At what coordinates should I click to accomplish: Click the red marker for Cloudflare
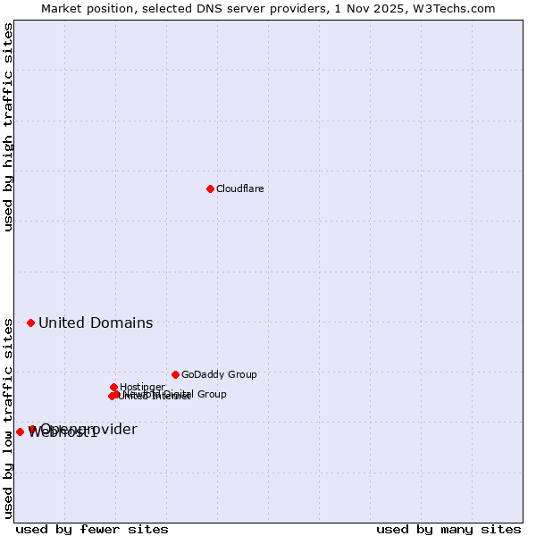point(210,188)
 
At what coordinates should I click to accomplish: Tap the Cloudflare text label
point(239,188)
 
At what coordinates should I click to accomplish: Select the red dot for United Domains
point(30,322)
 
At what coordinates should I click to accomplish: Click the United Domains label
point(96,322)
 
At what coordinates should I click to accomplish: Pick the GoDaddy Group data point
point(175,374)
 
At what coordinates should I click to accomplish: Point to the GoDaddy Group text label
point(219,374)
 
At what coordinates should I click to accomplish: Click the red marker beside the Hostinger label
point(113,387)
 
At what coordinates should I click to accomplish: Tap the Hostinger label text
point(142,387)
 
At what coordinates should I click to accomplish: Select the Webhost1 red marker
point(20,431)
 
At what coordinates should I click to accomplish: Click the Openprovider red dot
point(32,429)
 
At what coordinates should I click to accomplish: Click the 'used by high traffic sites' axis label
point(8,127)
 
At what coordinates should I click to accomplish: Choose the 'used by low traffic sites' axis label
point(8,417)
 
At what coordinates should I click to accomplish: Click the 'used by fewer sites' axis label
point(92,529)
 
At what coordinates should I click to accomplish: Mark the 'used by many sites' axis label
point(448,529)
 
